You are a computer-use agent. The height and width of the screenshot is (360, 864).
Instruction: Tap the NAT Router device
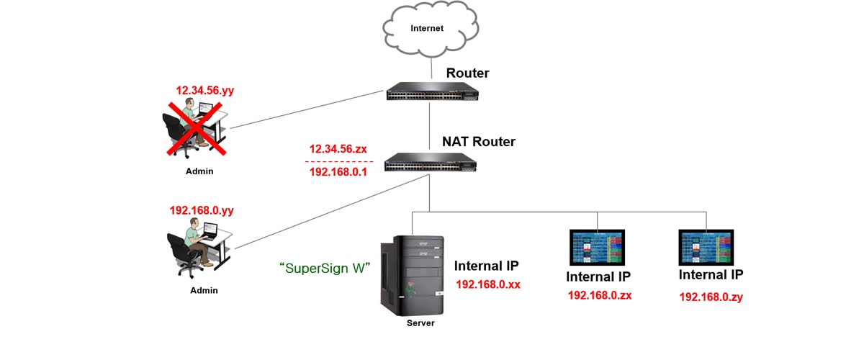[431, 162]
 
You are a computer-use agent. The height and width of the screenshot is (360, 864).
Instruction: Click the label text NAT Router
[478, 142]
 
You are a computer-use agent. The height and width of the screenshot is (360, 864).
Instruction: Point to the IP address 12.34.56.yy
[205, 91]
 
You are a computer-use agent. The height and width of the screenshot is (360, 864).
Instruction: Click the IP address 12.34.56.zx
[338, 149]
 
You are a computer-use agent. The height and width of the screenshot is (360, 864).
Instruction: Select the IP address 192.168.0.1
[338, 173]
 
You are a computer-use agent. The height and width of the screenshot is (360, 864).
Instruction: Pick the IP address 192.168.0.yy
[202, 210]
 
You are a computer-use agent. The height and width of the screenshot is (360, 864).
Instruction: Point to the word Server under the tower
[420, 323]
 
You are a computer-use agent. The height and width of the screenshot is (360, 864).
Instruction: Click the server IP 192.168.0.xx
[488, 284]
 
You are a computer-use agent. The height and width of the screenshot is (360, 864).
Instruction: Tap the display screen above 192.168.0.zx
[598, 249]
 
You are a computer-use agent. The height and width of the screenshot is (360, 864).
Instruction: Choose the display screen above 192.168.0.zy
[706, 249]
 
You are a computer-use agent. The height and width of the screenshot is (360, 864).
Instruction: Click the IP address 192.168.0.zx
[600, 294]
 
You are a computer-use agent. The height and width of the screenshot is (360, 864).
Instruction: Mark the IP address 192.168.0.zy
[711, 296]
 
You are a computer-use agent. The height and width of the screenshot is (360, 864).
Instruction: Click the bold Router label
[467, 73]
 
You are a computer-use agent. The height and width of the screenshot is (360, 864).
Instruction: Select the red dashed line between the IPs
[338, 161]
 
